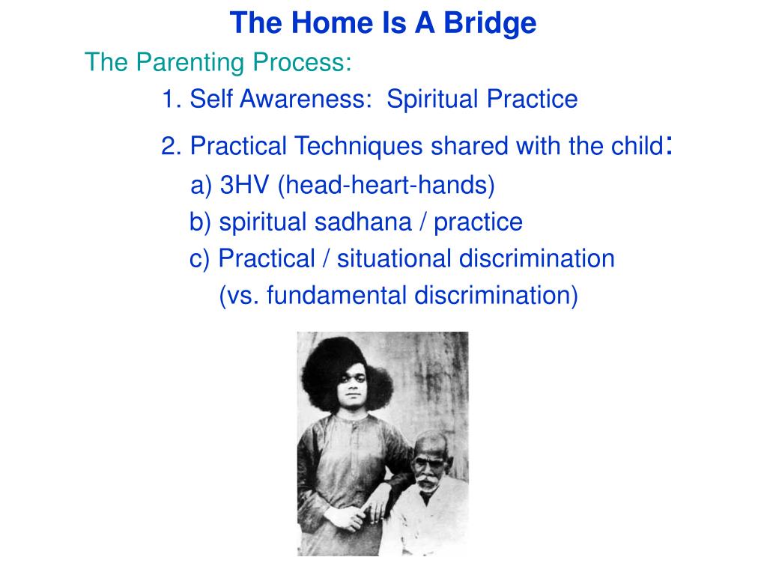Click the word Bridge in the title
coord(490,23)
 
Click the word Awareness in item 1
coord(306,99)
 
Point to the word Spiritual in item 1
coord(433,100)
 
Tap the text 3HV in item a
coord(245,185)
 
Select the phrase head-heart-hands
coord(386,186)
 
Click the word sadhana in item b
coord(363,222)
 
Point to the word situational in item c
coord(394,258)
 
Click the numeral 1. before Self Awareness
coord(172,100)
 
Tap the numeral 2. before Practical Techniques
coord(172,146)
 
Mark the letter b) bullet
coord(200,222)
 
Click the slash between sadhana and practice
coord(422,222)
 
